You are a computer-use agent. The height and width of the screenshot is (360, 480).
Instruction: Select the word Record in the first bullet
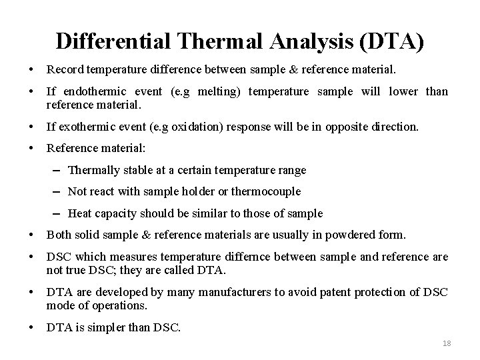pyautogui.click(x=65, y=69)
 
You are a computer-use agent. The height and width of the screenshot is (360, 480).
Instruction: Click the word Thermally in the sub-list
pyautogui.click(x=93, y=170)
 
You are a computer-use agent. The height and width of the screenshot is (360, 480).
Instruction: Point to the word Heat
pyautogui.click(x=80, y=213)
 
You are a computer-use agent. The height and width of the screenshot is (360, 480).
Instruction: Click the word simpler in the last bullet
pyautogui.click(x=98, y=327)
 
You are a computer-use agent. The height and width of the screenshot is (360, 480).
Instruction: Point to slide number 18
pyautogui.click(x=447, y=343)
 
